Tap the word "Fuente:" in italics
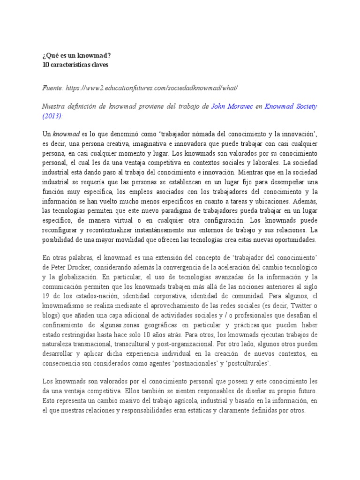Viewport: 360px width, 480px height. pyautogui.click(x=52, y=88)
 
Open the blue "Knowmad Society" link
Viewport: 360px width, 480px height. pyautogui.click(x=291, y=106)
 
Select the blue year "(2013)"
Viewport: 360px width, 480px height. pyautogui.click(x=52, y=116)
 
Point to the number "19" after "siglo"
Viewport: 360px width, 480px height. pyautogui.click(x=46, y=296)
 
